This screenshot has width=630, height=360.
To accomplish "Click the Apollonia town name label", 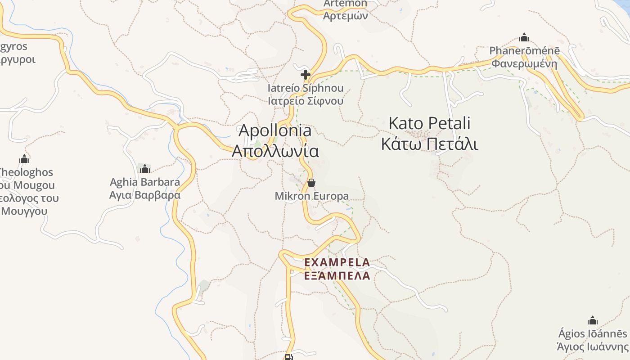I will point(275,130).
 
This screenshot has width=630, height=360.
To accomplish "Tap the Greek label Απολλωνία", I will point(275,151).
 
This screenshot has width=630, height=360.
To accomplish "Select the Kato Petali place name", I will point(429,123).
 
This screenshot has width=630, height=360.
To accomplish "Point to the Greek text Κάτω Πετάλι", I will point(429,144).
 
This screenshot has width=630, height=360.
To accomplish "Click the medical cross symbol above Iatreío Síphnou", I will point(306,75).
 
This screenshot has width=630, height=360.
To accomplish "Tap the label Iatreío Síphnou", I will point(306,88).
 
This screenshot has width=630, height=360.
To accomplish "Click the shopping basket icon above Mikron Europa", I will point(311,183).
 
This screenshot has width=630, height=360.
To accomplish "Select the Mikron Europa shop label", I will point(311,196).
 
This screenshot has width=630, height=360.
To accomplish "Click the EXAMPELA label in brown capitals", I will point(337,262).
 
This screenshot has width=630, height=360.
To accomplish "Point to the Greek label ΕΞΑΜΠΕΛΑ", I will point(337,275).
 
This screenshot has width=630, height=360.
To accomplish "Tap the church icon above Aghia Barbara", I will point(145,169).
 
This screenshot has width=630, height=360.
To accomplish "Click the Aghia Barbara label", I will point(145,182).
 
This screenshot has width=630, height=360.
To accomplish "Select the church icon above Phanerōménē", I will point(524,37).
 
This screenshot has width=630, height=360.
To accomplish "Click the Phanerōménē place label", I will point(524,50).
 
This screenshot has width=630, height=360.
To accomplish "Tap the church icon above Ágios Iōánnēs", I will point(593,320).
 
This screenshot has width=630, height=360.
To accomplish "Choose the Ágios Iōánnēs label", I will point(592,334).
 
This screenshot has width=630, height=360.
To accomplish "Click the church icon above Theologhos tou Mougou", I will point(24,159).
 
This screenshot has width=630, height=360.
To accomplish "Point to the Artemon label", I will point(345,4).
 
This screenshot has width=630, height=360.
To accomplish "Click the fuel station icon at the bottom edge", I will point(288,357).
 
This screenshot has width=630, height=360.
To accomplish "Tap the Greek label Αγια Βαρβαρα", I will point(145,195).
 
